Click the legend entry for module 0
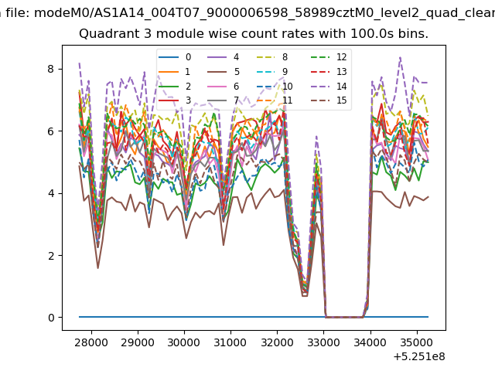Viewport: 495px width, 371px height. pos(175,57)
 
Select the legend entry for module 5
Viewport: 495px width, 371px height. pos(224,72)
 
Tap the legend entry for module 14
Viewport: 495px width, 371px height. pos(329,87)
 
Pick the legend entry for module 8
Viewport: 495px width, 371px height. pos(272,57)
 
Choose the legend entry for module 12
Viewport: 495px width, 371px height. pos(329,57)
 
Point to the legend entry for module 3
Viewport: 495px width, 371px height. pos(175,100)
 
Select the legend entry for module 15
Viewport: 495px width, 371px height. pos(329,100)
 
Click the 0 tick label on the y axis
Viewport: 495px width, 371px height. pos(51,318)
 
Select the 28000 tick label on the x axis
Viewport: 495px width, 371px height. pos(90,342)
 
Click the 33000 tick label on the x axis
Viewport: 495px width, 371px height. pos(323,342)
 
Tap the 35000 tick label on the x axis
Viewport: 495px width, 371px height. pos(417,342)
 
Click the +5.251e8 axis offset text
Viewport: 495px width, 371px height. pos(419,356)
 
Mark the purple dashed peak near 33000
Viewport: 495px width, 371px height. pos(316,136)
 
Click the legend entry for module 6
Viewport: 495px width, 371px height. pos(224,87)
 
